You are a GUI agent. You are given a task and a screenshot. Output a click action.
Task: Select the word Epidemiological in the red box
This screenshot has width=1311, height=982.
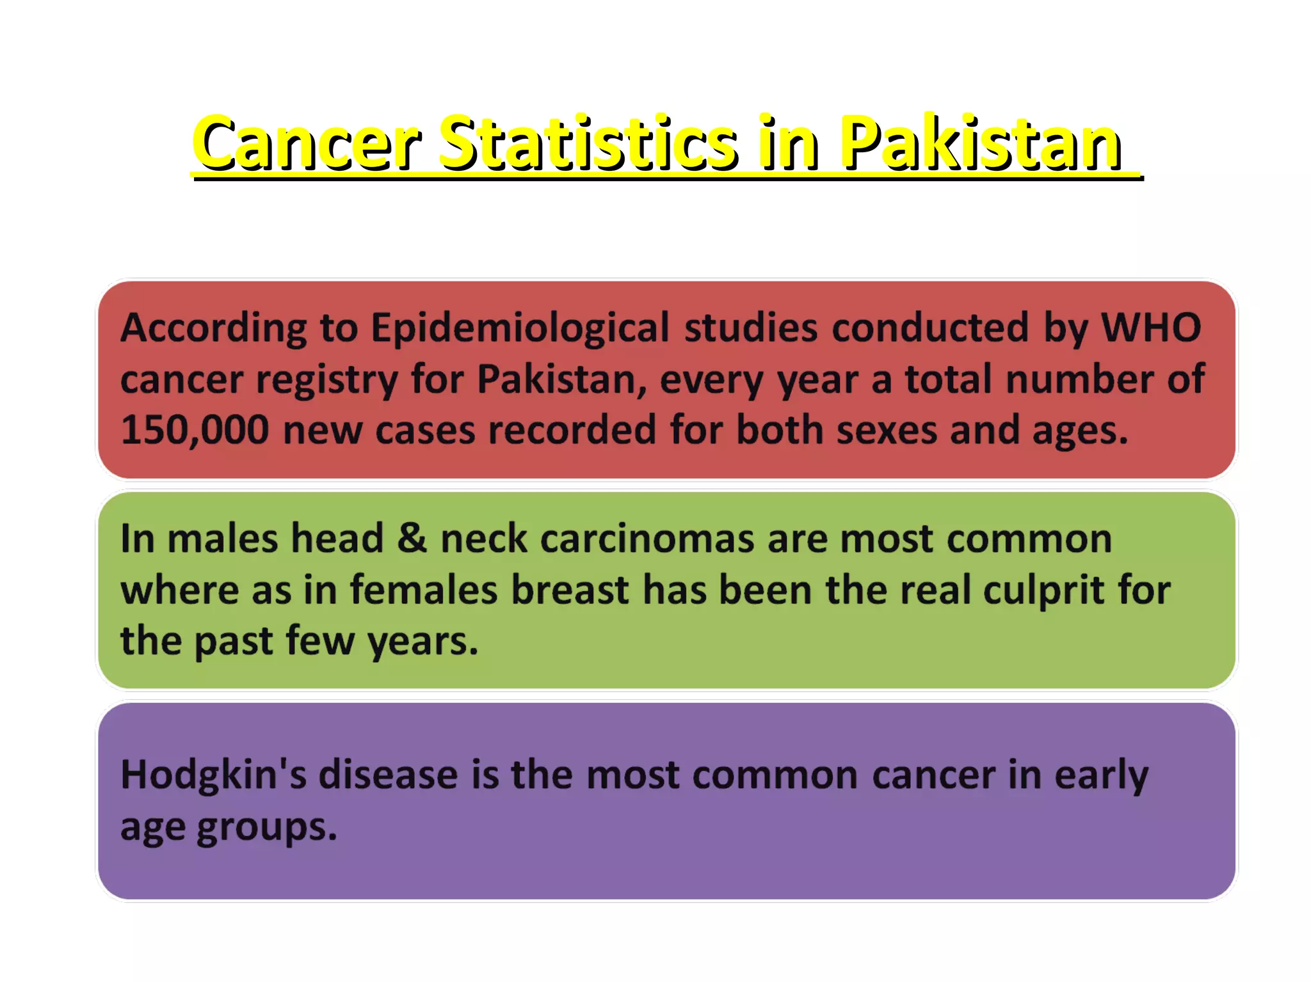click(x=520, y=328)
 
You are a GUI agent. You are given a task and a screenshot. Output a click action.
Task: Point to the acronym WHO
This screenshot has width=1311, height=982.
click(x=1150, y=328)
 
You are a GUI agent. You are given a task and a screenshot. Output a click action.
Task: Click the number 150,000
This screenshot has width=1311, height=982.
click(x=195, y=430)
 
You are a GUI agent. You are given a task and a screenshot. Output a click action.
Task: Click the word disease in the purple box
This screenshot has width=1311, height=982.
click(x=389, y=775)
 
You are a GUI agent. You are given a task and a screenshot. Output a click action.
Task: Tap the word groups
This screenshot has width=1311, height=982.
click(x=266, y=827)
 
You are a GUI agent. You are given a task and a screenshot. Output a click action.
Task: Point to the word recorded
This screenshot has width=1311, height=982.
click(x=572, y=430)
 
